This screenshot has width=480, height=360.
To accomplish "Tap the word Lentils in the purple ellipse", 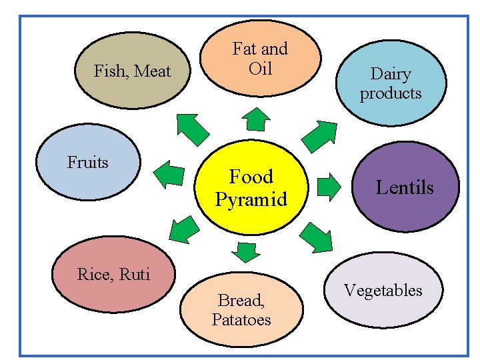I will [x=405, y=187].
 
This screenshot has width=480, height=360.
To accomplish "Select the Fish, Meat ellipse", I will [x=133, y=71].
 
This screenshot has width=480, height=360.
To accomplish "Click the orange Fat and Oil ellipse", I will [x=260, y=58].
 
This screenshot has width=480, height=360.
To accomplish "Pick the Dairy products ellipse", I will [x=391, y=83].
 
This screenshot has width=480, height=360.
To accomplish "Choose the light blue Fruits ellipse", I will [x=88, y=163].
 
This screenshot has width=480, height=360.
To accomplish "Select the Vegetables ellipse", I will [x=383, y=291].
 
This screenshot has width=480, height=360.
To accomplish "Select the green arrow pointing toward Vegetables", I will [x=316, y=237].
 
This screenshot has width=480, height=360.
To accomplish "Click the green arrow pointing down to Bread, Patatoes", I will [x=247, y=251].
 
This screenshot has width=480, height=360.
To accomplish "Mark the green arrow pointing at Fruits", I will [x=169, y=175].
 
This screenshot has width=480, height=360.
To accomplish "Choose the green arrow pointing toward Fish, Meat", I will [x=192, y=128].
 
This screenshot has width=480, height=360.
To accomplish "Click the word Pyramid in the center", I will [x=251, y=199].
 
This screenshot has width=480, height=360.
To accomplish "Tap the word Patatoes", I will [x=241, y=320].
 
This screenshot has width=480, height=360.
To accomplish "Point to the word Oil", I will [x=260, y=68].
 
